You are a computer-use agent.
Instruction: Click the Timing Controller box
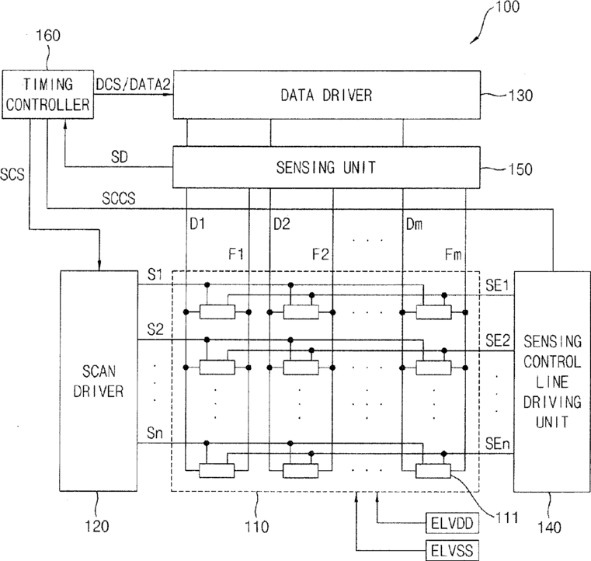[x=48, y=94]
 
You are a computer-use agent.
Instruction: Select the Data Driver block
[x=326, y=95]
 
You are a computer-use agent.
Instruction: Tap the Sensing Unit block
[x=326, y=167]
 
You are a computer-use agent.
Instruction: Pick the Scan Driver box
[x=99, y=381]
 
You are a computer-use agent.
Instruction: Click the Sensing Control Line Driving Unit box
[x=552, y=382]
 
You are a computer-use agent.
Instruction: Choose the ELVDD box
[x=452, y=523]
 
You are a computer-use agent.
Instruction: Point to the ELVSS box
[x=452, y=550]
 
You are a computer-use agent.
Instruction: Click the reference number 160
[x=48, y=36]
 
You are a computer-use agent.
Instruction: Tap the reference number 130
[x=521, y=96]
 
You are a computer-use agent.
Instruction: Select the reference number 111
[x=506, y=517]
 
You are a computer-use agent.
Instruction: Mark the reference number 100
[x=507, y=7]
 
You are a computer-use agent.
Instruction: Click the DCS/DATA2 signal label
[x=133, y=85]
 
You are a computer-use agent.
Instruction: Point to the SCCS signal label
[x=118, y=198]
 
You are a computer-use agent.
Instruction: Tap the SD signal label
[x=119, y=157]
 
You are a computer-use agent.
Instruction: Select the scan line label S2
[x=155, y=329]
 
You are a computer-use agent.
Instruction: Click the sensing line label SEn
[x=497, y=444]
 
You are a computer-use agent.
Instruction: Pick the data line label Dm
[x=414, y=225]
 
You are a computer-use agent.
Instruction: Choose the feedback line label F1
[x=236, y=254]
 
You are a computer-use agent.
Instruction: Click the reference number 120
[x=97, y=526]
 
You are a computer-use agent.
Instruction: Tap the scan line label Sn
[x=155, y=433]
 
